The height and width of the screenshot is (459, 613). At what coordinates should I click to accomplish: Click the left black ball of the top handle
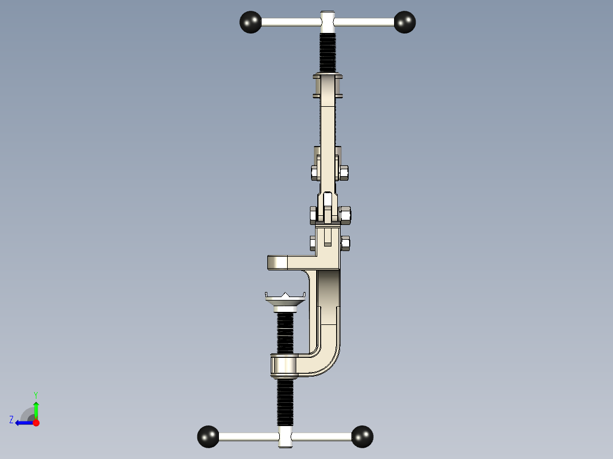[250, 22]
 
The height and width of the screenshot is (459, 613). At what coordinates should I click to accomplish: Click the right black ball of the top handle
[405, 22]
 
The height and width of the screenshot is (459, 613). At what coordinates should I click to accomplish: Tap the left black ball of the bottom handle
[208, 436]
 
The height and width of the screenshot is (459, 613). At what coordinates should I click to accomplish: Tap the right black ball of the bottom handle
[362, 436]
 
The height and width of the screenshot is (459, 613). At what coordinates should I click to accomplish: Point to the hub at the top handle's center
[328, 22]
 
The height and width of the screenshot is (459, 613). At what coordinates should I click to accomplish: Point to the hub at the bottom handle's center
[286, 437]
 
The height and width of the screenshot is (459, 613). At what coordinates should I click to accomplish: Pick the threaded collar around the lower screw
[284, 365]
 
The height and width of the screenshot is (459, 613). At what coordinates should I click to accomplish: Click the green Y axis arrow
[36, 408]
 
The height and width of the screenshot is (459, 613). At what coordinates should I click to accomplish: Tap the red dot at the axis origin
[36, 423]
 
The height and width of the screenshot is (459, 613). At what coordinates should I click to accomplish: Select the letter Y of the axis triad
[35, 394]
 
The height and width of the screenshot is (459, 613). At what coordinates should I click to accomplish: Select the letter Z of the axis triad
[11, 420]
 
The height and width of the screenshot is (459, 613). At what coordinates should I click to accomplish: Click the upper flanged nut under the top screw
[328, 85]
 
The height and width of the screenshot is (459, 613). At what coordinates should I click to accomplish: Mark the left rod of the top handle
[290, 22]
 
